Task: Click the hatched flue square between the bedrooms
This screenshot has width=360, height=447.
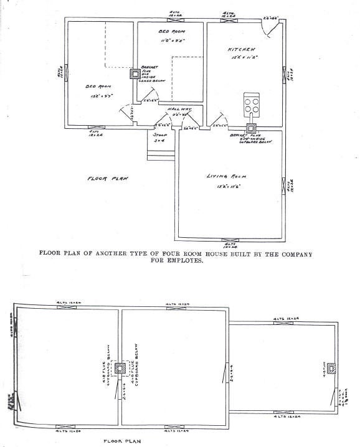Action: pyautogui.click(x=135, y=73)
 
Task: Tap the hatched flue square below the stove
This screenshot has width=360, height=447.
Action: pyautogui.click(x=251, y=129)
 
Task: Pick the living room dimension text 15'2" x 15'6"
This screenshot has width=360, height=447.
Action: pyautogui.click(x=225, y=186)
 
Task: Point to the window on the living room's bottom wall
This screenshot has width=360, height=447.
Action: pyautogui.click(x=229, y=240)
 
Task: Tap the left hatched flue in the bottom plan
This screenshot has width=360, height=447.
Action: pyautogui.click(x=120, y=369)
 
